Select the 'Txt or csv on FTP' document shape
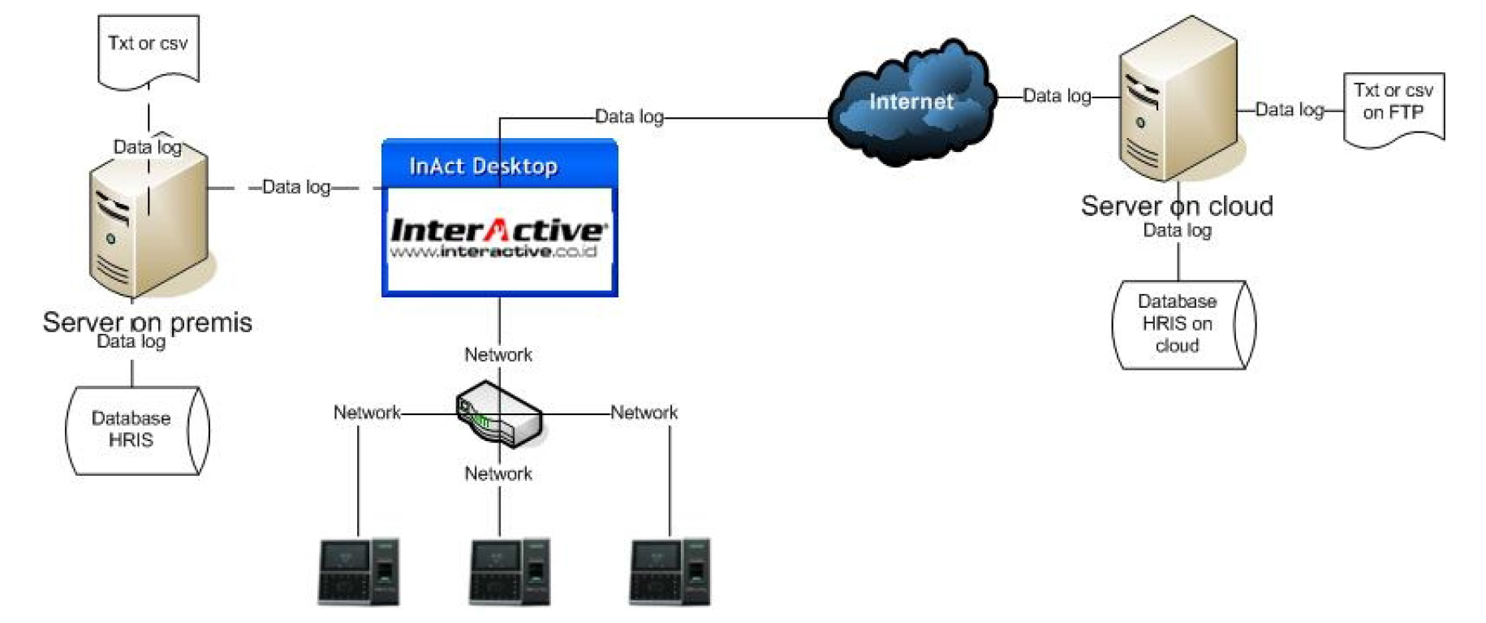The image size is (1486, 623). coord(1393,108)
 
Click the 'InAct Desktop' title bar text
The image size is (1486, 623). coord(483,166)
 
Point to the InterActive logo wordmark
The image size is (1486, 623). coord(497,230)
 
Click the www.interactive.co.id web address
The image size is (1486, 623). coord(493,252)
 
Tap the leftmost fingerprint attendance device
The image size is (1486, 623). coord(358,572)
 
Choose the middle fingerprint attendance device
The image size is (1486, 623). coord(510,572)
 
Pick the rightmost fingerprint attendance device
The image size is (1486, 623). coord(670,572)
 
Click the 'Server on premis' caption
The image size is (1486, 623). coord(147,322)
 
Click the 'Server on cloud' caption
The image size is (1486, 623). coord(1177,206)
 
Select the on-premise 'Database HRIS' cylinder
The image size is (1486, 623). coord(133,430)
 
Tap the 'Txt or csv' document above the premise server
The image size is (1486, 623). coord(148,49)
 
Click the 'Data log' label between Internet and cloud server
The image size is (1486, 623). coord(1057,96)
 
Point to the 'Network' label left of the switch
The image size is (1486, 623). coord(367,413)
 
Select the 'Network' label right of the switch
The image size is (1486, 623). coord(644,413)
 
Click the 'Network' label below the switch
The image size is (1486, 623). coord(498,474)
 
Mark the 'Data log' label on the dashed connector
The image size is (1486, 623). coord(296,187)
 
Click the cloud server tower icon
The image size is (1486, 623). coord(1178,102)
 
